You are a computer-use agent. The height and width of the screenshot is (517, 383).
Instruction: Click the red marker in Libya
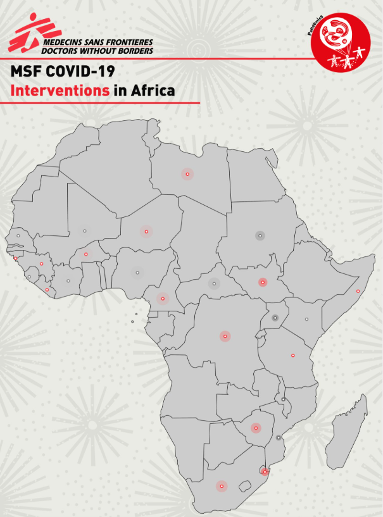tap(187, 173)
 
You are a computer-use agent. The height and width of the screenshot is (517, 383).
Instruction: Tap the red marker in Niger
tap(146, 232)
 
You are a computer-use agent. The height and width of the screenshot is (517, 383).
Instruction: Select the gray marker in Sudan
tap(259, 235)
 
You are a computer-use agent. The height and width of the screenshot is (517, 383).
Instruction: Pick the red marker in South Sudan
tap(262, 282)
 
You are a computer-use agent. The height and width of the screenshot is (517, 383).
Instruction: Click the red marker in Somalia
tap(358, 291)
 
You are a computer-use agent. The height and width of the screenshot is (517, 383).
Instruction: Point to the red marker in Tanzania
tap(292, 355)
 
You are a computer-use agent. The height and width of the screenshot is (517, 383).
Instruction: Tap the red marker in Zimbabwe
tap(256, 428)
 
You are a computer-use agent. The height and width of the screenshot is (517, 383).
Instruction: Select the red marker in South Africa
tap(222, 486)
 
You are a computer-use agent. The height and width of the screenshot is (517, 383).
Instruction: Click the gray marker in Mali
tap(84, 230)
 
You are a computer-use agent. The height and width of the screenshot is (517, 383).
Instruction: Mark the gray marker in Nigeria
tap(137, 273)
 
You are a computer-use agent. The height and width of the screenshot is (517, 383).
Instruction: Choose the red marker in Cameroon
tap(163, 298)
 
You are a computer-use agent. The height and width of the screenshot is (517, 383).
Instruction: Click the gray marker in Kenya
tap(306, 319)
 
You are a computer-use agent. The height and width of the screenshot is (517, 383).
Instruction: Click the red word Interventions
tap(60, 90)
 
